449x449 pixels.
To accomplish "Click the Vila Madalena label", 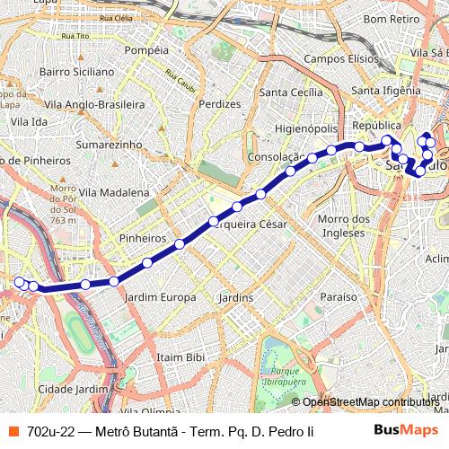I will click(114, 192).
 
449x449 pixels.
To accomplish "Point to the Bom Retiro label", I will click(393, 18).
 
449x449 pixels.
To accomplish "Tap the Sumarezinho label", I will click(110, 144).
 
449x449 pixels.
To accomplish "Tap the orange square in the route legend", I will click(14, 431).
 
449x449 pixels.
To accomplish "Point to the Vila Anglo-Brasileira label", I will click(97, 105).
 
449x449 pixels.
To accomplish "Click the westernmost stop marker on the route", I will click(19, 282).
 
